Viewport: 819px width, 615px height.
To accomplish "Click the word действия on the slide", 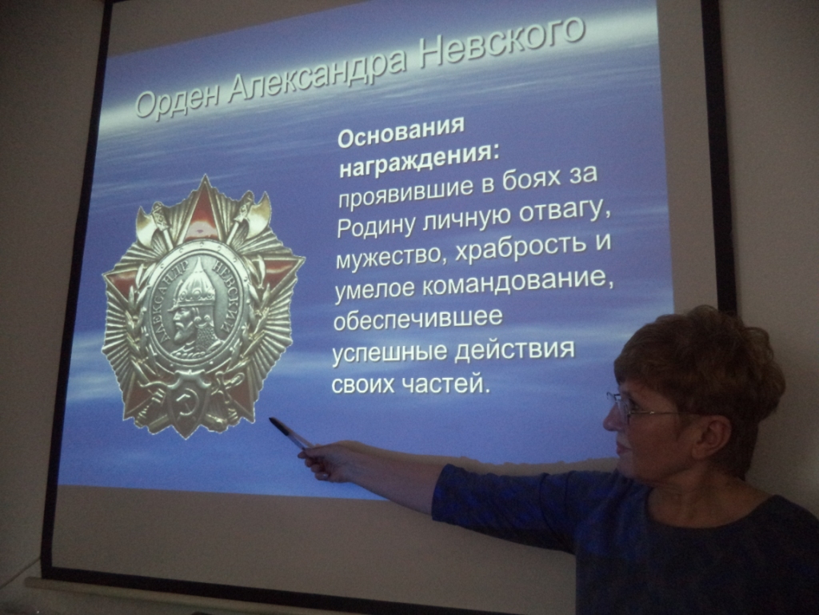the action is pos(514,350).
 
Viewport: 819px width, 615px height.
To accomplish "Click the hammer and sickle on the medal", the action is pos(183,402).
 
